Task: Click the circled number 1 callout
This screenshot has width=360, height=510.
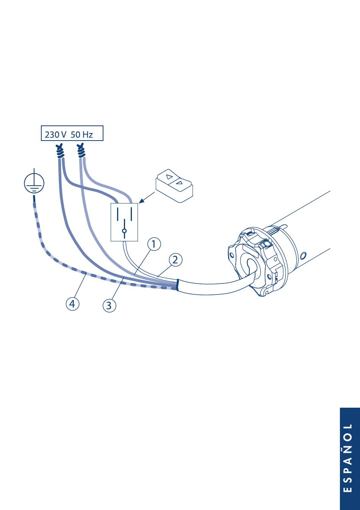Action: pos(153,244)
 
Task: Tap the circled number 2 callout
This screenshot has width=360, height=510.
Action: pos(175,260)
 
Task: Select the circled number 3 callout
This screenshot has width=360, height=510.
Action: pos(109,305)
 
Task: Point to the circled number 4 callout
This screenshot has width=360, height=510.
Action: pos(72,303)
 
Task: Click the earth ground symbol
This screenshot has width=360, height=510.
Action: pos(34,184)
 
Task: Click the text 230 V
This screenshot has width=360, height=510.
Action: pos(56,134)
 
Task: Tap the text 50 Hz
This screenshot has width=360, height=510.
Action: pos(81,134)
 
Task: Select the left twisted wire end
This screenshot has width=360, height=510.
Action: pos(59,151)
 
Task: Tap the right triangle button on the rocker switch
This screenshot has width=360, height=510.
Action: pos(180,183)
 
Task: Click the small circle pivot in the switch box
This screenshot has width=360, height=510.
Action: pos(124,231)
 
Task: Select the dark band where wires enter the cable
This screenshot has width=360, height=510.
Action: pos(177,285)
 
